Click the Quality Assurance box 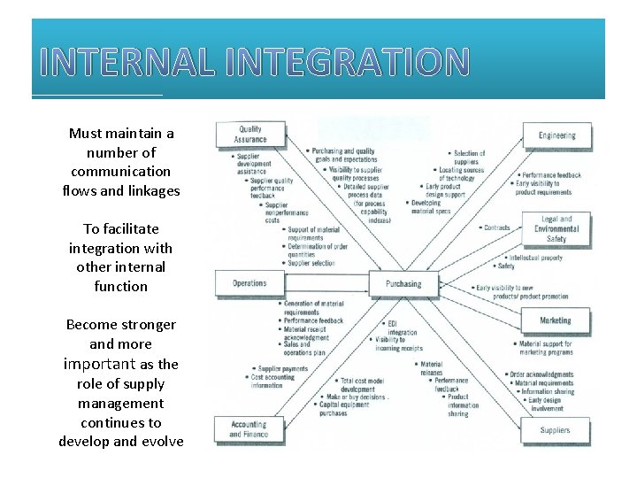click(x=251, y=135)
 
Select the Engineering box click(x=556, y=135)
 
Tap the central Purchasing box click(x=403, y=284)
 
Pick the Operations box click(x=249, y=283)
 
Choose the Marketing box click(x=556, y=320)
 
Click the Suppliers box click(x=556, y=430)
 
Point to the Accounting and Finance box click(x=249, y=429)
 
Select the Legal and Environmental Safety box click(x=556, y=228)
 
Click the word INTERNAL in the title click(x=128, y=62)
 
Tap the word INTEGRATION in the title click(x=347, y=62)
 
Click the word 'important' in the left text click(x=99, y=364)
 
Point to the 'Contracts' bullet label click(x=497, y=227)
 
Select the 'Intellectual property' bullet click(x=535, y=258)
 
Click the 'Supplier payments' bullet click(x=282, y=368)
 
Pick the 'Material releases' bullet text click(x=432, y=368)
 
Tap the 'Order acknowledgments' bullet click(x=541, y=374)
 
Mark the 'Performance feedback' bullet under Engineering click(x=551, y=175)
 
